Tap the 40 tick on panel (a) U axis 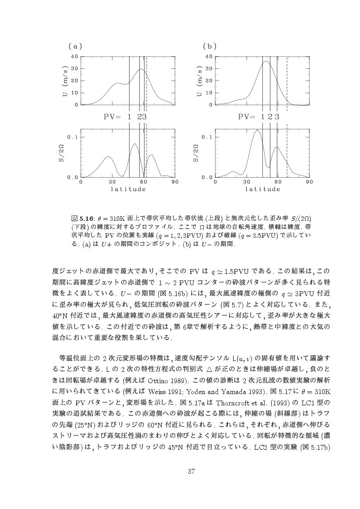click(75, 56)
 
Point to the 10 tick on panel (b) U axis click(209, 93)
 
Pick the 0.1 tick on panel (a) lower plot click(73, 137)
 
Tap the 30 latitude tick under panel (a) click(112, 182)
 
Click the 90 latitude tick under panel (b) click(309, 182)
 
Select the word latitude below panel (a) click(128, 189)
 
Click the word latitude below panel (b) click(262, 189)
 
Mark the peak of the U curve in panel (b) click(266, 61)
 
